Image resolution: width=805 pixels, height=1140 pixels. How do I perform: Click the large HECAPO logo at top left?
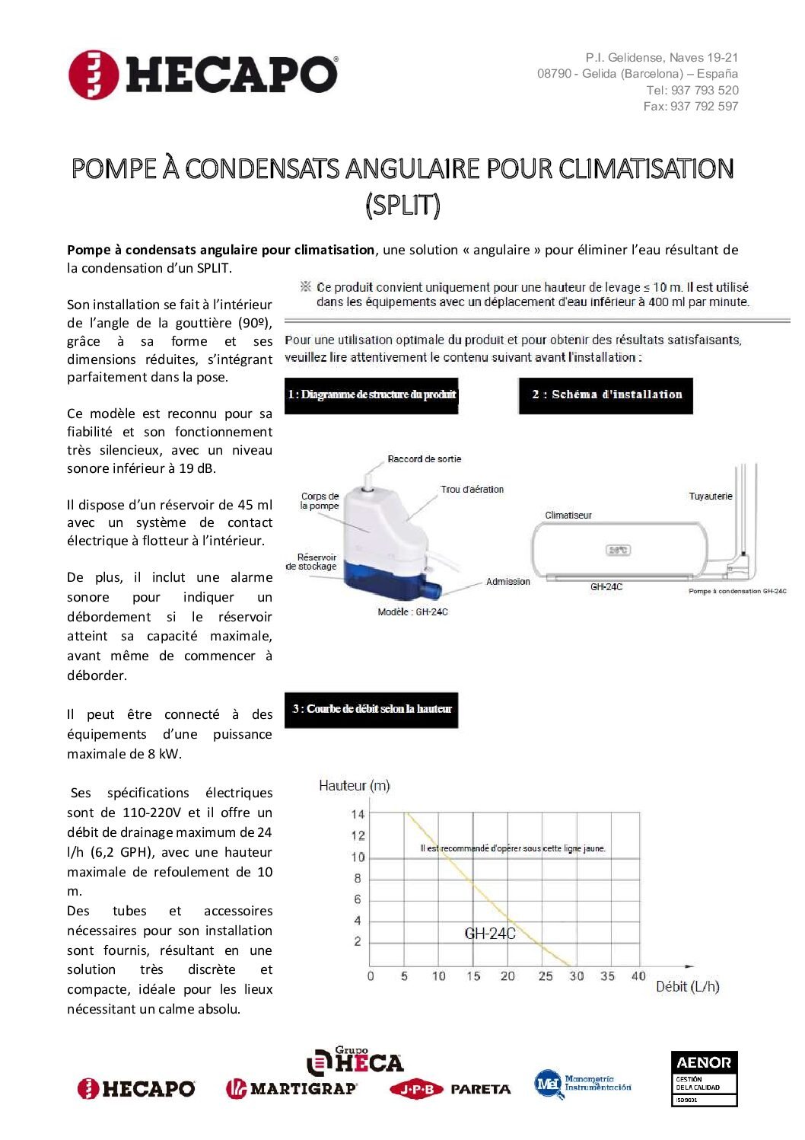[203, 75]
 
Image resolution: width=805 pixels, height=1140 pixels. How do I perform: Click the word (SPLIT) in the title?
[402, 205]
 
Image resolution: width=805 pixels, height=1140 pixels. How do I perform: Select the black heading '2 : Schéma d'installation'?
[606, 394]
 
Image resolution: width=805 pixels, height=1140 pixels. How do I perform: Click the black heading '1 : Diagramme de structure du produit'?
[371, 394]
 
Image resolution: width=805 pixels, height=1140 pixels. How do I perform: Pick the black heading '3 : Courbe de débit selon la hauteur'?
[371, 709]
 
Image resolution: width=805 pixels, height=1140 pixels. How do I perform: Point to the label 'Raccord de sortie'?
[424, 459]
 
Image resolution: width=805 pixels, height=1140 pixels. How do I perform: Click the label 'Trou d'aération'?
[472, 490]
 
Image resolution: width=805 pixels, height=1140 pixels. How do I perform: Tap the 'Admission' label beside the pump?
[508, 582]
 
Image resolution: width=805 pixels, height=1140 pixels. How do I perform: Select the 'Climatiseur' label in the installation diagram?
[568, 516]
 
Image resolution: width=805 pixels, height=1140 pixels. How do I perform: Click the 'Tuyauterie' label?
[710, 497]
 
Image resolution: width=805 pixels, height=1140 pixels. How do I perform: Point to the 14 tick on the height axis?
[358, 814]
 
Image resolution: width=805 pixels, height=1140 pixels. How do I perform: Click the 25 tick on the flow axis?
[546, 976]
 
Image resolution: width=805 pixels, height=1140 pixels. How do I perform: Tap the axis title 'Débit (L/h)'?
[687, 987]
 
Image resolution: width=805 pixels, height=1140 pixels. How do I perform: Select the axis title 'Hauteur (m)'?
[355, 786]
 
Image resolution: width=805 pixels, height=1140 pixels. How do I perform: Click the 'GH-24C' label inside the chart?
[490, 934]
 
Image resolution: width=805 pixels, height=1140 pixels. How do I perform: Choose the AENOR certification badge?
[704, 1078]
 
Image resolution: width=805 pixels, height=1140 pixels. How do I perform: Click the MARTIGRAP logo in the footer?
[291, 1089]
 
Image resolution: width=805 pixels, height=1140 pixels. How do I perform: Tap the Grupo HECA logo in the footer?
[355, 1061]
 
